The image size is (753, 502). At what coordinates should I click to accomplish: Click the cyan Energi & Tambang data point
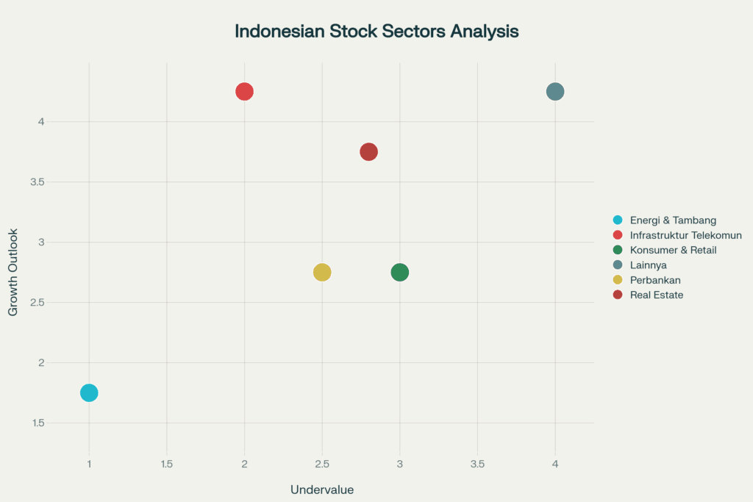89,392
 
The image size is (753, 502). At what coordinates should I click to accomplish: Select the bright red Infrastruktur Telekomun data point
244,91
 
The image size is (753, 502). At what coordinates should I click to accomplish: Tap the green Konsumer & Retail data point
399,272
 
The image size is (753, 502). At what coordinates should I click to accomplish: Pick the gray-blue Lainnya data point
555,91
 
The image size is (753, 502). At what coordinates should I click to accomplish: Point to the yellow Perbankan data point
322,272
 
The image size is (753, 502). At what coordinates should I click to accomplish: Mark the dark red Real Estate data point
369,151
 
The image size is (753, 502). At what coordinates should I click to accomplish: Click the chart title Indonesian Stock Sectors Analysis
376,31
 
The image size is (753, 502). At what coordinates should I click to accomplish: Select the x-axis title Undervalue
322,490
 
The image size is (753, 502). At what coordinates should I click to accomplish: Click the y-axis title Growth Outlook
13,272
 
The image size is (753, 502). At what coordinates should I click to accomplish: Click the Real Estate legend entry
649,295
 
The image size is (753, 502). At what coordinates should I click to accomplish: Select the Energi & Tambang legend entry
665,220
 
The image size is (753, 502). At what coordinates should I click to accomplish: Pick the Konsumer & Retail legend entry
665,250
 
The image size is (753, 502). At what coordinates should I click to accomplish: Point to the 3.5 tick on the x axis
477,464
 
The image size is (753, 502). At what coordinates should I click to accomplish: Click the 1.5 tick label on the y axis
38,423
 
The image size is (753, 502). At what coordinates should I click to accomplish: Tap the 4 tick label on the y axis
41,121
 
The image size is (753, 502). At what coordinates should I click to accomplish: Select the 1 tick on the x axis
89,464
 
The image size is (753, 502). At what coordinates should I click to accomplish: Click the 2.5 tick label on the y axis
38,302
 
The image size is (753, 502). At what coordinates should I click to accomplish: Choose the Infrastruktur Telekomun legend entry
677,235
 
